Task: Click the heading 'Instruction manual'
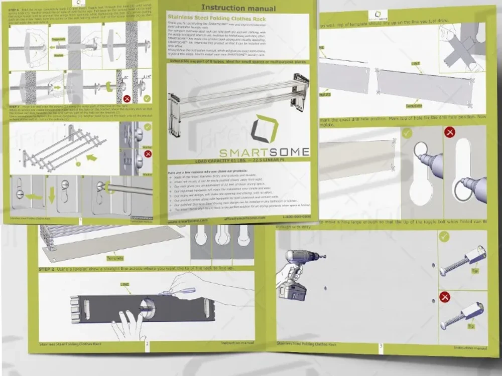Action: pyautogui.click(x=238, y=8)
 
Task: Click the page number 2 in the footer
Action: pyautogui.click(x=147, y=344)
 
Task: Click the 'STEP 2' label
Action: pyautogui.click(x=48, y=269)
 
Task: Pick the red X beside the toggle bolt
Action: pyautogui.click(x=445, y=297)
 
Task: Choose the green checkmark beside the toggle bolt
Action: pyautogui.click(x=444, y=236)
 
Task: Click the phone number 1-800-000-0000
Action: pyautogui.click(x=297, y=217)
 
